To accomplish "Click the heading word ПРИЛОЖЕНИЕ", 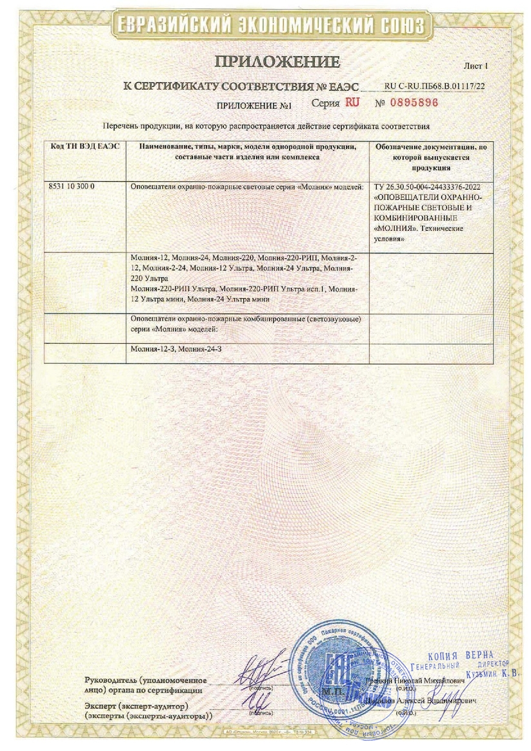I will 277,63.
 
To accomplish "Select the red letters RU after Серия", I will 353,102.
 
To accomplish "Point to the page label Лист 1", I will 477,66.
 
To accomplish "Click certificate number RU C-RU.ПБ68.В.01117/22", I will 434,85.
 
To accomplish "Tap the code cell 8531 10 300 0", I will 72,186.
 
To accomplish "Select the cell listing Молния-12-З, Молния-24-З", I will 176,349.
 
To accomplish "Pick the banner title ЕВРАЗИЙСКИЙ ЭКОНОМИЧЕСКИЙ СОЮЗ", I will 268,25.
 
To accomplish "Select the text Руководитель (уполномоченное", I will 145,680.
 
